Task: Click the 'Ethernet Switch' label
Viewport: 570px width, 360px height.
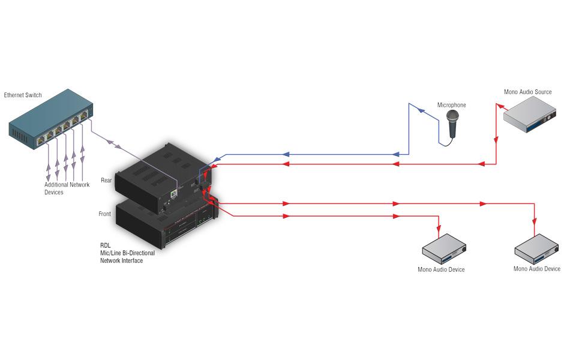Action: [24, 95]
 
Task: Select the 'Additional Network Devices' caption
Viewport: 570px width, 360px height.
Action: [67, 188]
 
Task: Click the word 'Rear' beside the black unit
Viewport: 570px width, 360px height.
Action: [106, 180]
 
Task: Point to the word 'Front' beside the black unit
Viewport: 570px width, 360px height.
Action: [104, 214]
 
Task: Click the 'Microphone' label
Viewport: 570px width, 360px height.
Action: [451, 105]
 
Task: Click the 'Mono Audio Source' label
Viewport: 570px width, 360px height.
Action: [527, 92]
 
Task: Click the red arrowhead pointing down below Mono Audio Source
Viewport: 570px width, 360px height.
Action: [496, 141]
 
